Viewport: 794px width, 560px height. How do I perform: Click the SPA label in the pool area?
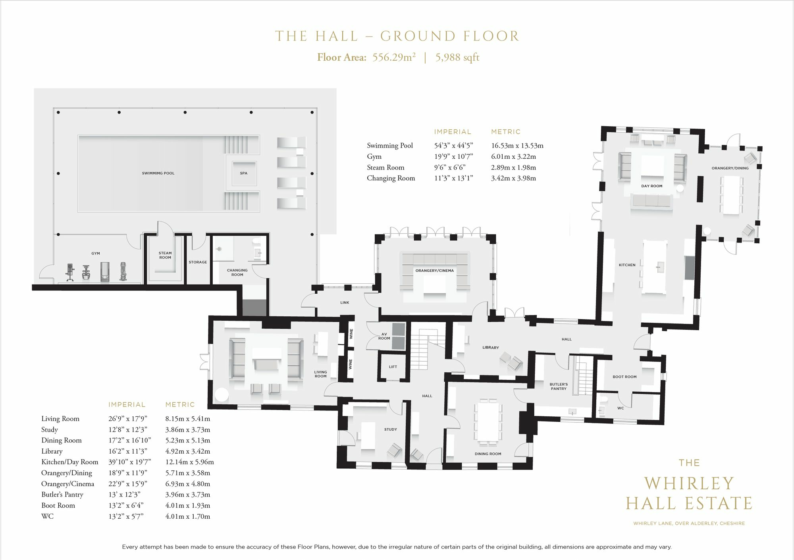[244, 173]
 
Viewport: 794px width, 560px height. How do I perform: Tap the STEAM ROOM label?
[165, 255]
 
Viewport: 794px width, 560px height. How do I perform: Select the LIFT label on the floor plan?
[393, 367]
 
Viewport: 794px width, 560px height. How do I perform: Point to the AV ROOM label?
[384, 336]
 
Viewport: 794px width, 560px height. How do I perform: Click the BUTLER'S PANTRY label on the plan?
[559, 387]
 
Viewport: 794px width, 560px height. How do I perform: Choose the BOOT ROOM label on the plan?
[624, 377]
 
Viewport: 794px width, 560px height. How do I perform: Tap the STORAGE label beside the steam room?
[198, 262]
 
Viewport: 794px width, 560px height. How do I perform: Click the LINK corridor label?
[345, 302]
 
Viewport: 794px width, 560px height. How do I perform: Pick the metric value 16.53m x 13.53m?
[517, 145]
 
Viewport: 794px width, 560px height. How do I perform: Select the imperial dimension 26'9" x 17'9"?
[128, 418]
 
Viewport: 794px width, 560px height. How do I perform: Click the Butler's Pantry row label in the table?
[62, 495]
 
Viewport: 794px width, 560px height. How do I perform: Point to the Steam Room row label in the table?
[385, 167]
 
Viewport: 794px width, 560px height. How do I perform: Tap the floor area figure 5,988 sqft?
[457, 58]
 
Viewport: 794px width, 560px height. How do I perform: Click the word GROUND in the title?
[411, 36]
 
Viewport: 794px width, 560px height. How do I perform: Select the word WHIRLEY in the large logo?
[689, 483]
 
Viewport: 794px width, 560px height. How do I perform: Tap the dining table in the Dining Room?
[488, 421]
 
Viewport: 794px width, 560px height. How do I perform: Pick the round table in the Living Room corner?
[222, 395]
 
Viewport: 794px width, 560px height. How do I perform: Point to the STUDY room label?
[391, 429]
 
